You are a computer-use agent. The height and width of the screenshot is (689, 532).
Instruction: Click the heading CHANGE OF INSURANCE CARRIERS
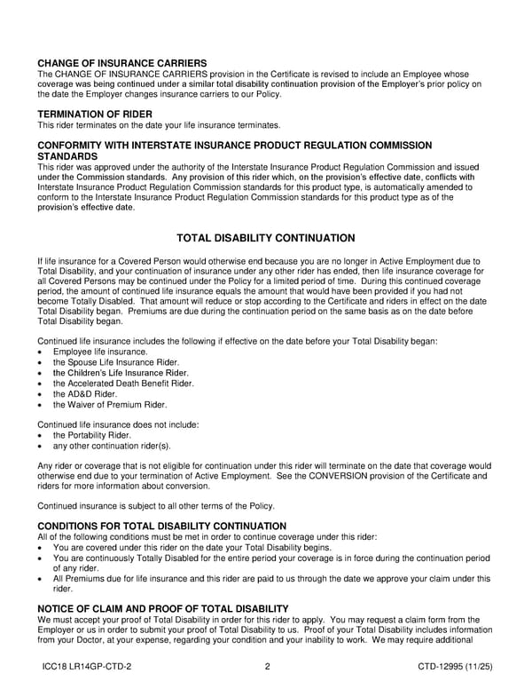click(x=122, y=63)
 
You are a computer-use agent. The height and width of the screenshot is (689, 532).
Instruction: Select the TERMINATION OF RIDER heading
click(x=95, y=114)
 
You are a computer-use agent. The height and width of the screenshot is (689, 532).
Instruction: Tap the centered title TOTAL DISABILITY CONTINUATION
click(x=266, y=238)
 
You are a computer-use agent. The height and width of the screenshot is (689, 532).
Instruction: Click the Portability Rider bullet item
click(x=92, y=435)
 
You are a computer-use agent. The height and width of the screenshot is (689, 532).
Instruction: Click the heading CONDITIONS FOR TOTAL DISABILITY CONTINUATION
click(x=161, y=527)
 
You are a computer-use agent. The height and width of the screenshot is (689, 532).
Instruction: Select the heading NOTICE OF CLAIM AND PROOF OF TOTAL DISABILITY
click(x=163, y=608)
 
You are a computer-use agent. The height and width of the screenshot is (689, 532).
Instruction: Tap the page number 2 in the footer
click(x=267, y=667)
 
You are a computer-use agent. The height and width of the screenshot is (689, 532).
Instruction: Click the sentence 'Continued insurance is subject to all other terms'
click(x=155, y=506)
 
